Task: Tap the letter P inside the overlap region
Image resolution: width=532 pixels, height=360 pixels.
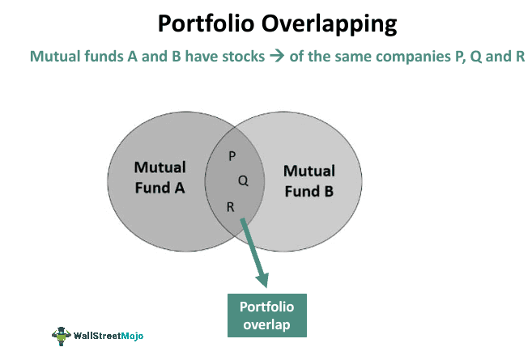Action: pyautogui.click(x=232, y=155)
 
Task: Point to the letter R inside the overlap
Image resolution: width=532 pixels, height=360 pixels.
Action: pyautogui.click(x=231, y=207)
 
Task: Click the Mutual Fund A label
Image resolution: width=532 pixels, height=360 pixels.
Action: pyautogui.click(x=160, y=178)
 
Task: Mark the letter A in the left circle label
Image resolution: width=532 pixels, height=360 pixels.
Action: pyautogui.click(x=179, y=188)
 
